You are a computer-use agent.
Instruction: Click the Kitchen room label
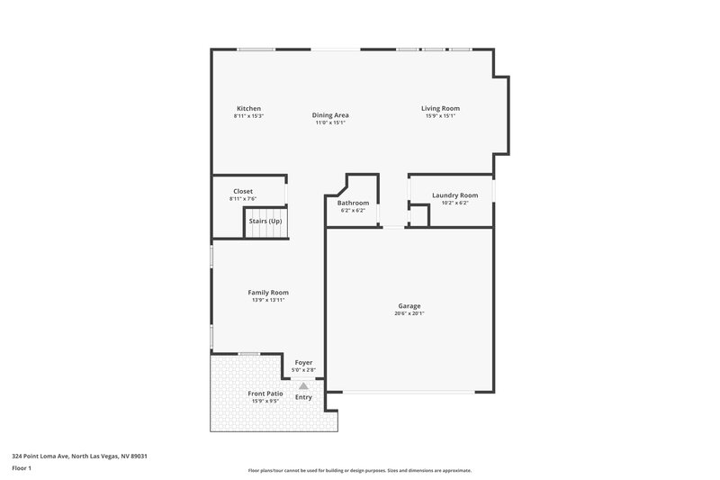point(248,109)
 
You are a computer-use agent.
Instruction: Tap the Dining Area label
point(330,115)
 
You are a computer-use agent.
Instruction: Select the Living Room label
point(440,109)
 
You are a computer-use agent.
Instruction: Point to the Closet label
point(243,191)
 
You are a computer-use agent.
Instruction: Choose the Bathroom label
point(353,203)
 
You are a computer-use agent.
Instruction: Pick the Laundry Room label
point(454,195)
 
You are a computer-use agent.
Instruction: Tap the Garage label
point(409,306)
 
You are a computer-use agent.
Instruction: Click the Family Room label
point(268,293)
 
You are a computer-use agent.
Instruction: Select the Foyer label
point(303,362)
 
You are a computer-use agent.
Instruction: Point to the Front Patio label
point(265,394)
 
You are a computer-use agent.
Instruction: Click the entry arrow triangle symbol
point(303,385)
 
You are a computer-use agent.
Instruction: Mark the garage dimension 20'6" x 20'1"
point(409,314)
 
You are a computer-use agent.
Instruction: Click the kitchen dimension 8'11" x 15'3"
point(248,116)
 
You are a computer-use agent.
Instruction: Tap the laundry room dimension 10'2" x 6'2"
point(454,203)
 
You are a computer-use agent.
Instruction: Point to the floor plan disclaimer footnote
point(359,470)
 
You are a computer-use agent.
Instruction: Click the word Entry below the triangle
point(303,397)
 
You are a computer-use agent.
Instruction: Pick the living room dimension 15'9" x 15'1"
point(440,116)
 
